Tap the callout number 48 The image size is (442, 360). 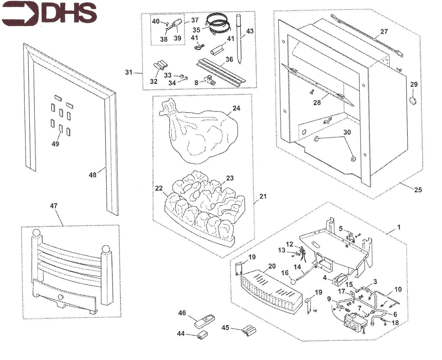click(93, 175)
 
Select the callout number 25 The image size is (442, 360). click(418, 190)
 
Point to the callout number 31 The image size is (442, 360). click(129, 72)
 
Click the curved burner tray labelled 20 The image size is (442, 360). click(272, 291)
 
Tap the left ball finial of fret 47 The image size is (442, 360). click(37, 233)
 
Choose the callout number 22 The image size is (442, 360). click(159, 188)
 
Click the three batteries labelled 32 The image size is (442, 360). click(161, 65)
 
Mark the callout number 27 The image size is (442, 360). click(384, 31)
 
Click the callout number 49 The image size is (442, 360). click(55, 144)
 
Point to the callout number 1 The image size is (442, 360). click(399, 227)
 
